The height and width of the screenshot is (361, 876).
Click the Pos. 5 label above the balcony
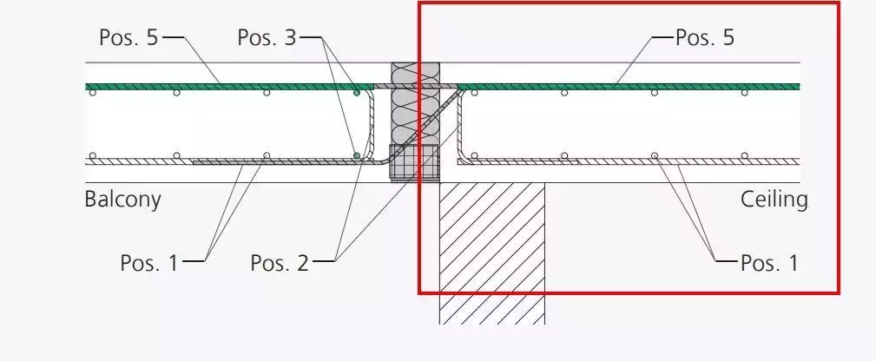(x=128, y=37)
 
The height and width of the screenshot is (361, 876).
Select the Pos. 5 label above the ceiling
(x=704, y=37)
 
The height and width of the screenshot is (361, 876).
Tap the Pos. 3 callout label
(x=267, y=37)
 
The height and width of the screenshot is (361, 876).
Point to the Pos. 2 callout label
(x=280, y=263)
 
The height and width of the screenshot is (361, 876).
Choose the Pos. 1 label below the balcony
(x=149, y=263)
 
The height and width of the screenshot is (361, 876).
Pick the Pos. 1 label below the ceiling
(x=769, y=263)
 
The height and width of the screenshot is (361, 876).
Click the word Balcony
(x=123, y=200)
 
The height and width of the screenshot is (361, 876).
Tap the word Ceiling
(x=774, y=200)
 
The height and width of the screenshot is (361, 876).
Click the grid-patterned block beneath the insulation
(x=414, y=162)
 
